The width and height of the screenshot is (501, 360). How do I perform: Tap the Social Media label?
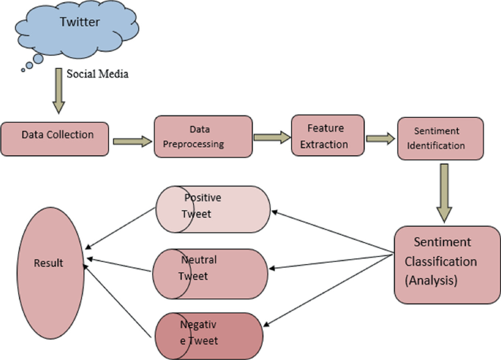coord(98,74)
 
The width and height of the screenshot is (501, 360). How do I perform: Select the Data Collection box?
coord(57,135)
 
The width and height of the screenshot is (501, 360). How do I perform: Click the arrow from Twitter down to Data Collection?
coord(59,91)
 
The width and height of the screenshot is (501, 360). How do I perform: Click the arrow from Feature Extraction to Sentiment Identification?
coord(379,136)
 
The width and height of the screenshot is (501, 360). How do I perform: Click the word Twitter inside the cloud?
coord(79,23)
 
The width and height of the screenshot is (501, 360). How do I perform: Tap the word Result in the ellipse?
coord(48,263)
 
